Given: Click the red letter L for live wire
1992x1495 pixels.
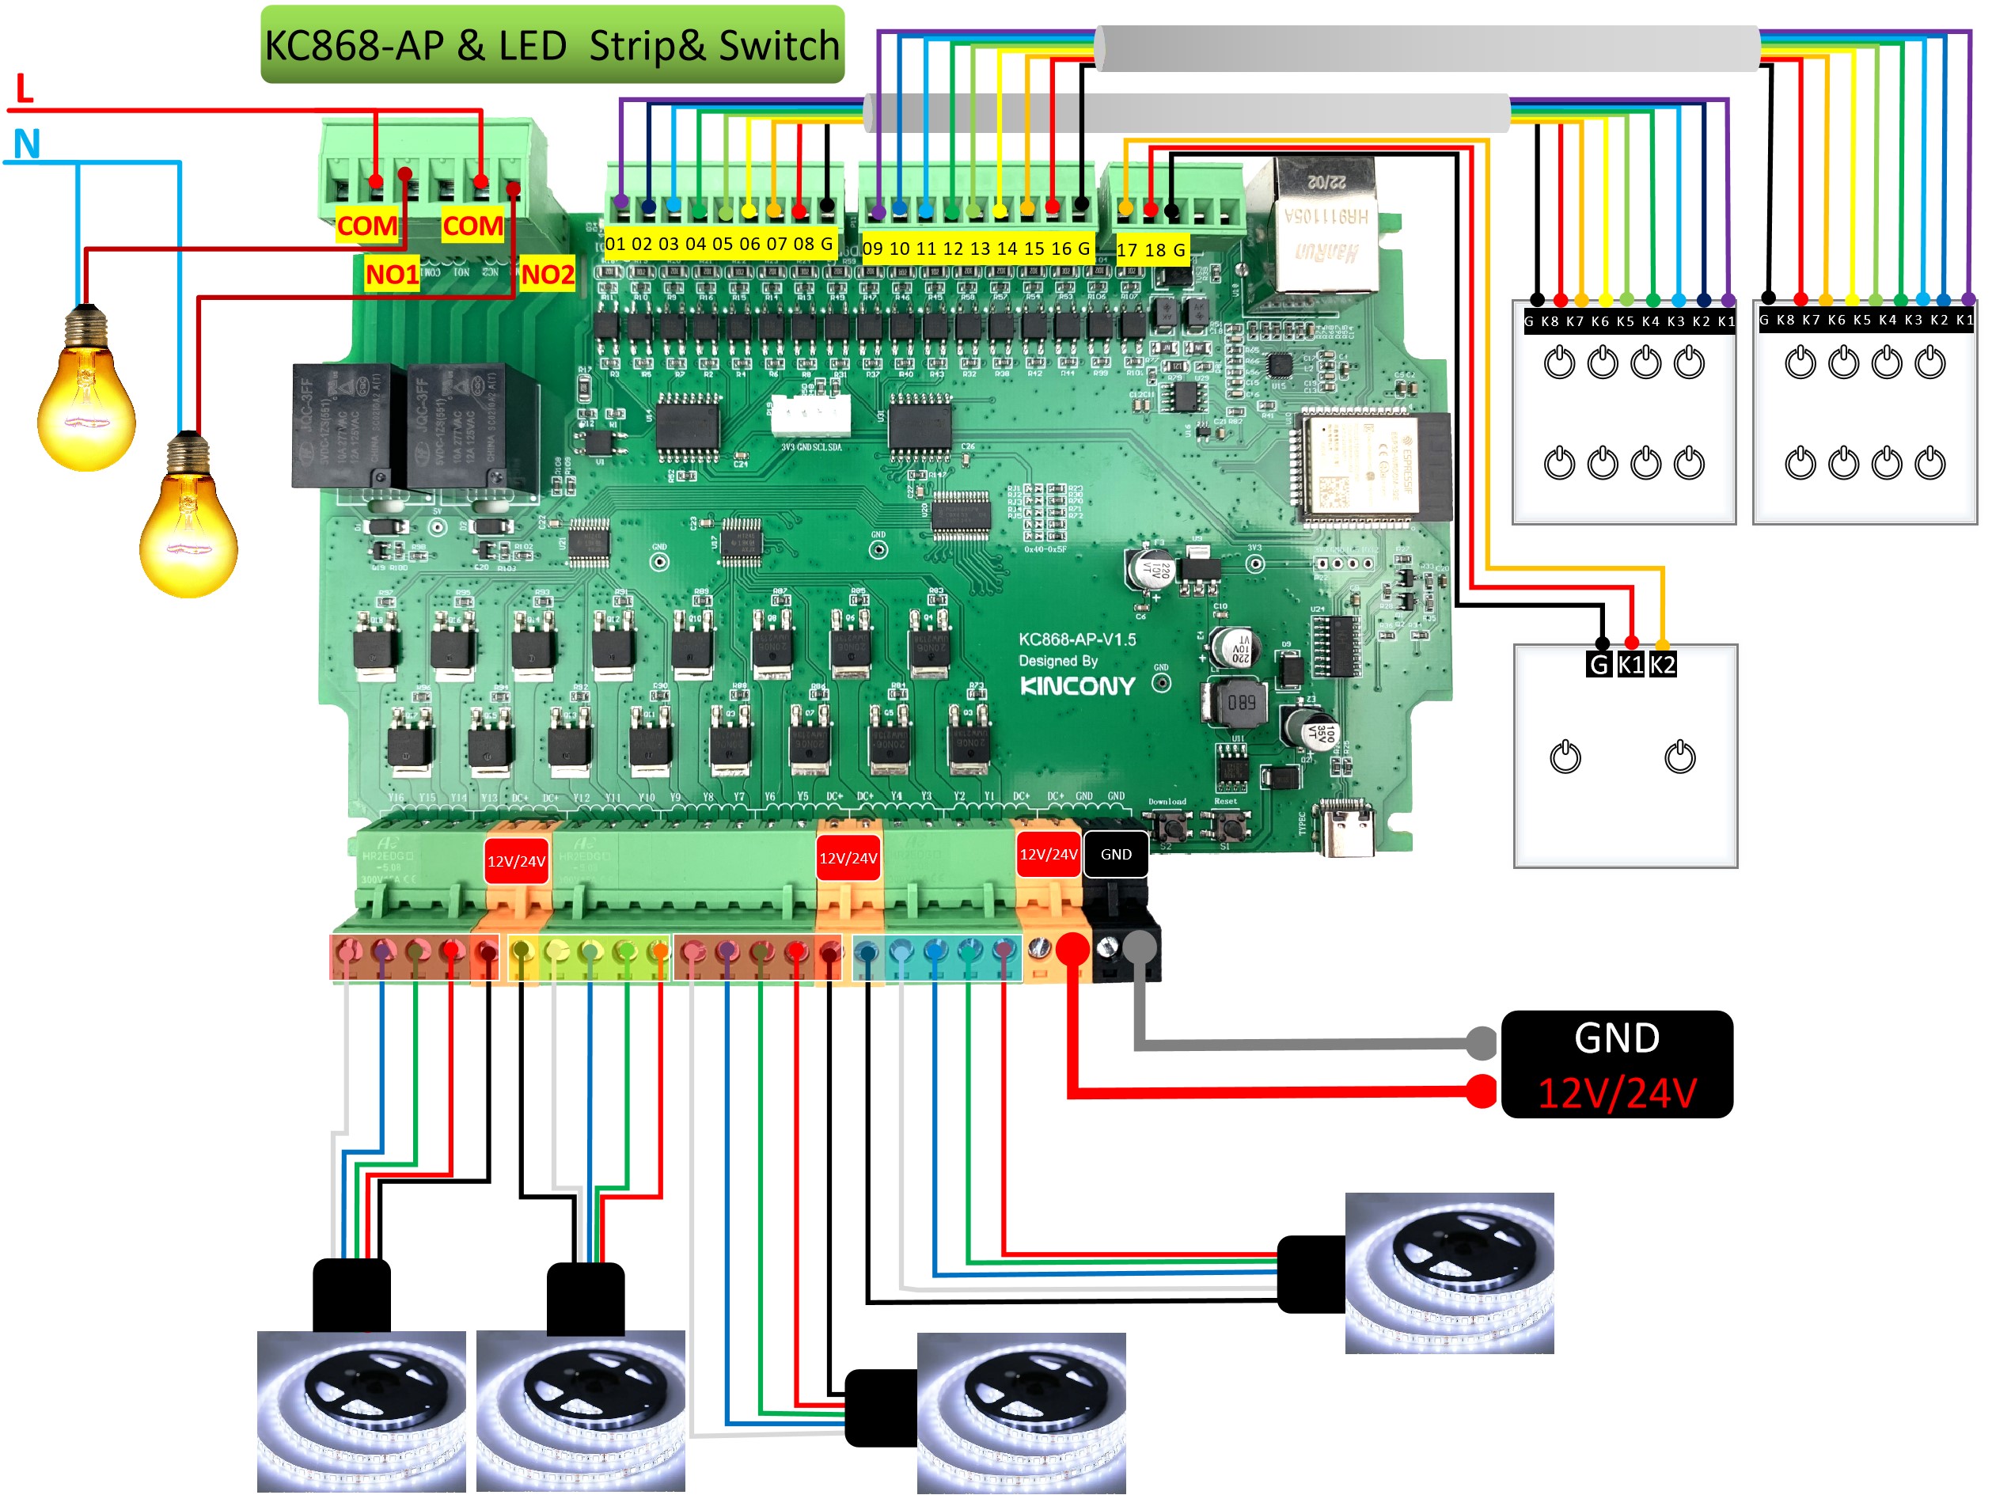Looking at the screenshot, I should [25, 89].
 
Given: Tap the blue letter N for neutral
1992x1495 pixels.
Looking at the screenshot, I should [27, 144].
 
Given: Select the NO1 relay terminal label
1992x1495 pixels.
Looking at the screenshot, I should [392, 274].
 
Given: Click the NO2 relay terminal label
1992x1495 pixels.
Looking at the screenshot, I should [548, 274].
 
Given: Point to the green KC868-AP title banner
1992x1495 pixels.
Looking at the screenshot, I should [552, 45].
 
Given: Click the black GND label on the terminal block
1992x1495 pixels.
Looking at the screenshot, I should [1116, 854].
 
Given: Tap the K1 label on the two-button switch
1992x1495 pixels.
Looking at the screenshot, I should [1630, 665].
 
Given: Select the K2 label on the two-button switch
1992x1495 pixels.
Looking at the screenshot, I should [1663, 665].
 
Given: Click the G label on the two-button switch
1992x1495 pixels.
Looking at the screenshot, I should [1599, 665].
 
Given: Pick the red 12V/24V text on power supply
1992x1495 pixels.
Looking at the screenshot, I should [1617, 1093].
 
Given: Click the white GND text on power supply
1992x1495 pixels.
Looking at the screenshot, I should [1617, 1038].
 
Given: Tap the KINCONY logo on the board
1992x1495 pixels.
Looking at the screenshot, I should [1077, 686].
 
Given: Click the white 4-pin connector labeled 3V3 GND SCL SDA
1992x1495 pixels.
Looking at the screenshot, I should [810, 416].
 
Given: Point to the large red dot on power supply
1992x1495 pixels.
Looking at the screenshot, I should [1482, 1091].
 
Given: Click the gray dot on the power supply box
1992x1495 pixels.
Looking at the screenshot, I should [1482, 1043].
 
